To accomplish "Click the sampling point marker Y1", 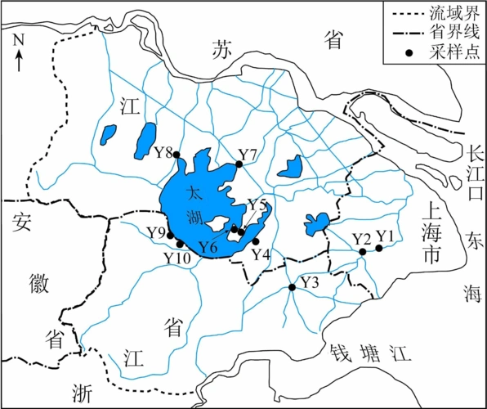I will click(x=378, y=249).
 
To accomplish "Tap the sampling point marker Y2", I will click(x=362, y=252).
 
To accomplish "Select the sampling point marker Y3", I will click(x=292, y=287).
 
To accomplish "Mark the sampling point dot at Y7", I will click(x=239, y=164).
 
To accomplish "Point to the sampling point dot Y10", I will click(x=180, y=244).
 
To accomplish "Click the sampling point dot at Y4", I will click(x=255, y=240).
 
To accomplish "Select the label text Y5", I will click(x=257, y=204).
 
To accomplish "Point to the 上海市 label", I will click(x=433, y=233).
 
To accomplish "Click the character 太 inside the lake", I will click(x=194, y=195).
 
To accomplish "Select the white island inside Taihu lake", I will click(x=216, y=222).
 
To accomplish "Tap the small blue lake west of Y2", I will click(x=315, y=222).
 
